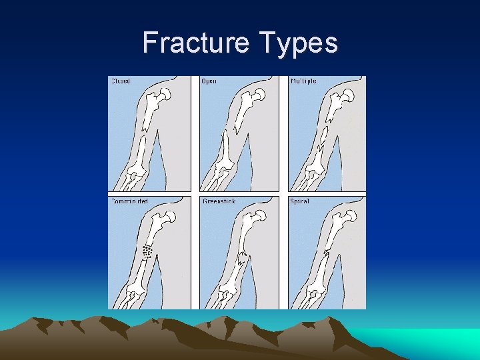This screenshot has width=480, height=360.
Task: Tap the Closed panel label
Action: tap(120, 81)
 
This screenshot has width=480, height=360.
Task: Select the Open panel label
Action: tap(209, 81)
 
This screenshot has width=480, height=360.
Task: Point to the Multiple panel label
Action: tap(303, 81)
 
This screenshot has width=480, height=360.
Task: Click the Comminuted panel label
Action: tap(129, 201)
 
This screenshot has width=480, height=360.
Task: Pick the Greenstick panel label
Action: tap(219, 201)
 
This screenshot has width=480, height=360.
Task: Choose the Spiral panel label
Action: tap(299, 201)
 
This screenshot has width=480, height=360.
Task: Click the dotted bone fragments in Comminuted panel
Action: tap(147, 251)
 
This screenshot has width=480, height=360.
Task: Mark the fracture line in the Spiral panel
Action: tap(327, 253)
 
